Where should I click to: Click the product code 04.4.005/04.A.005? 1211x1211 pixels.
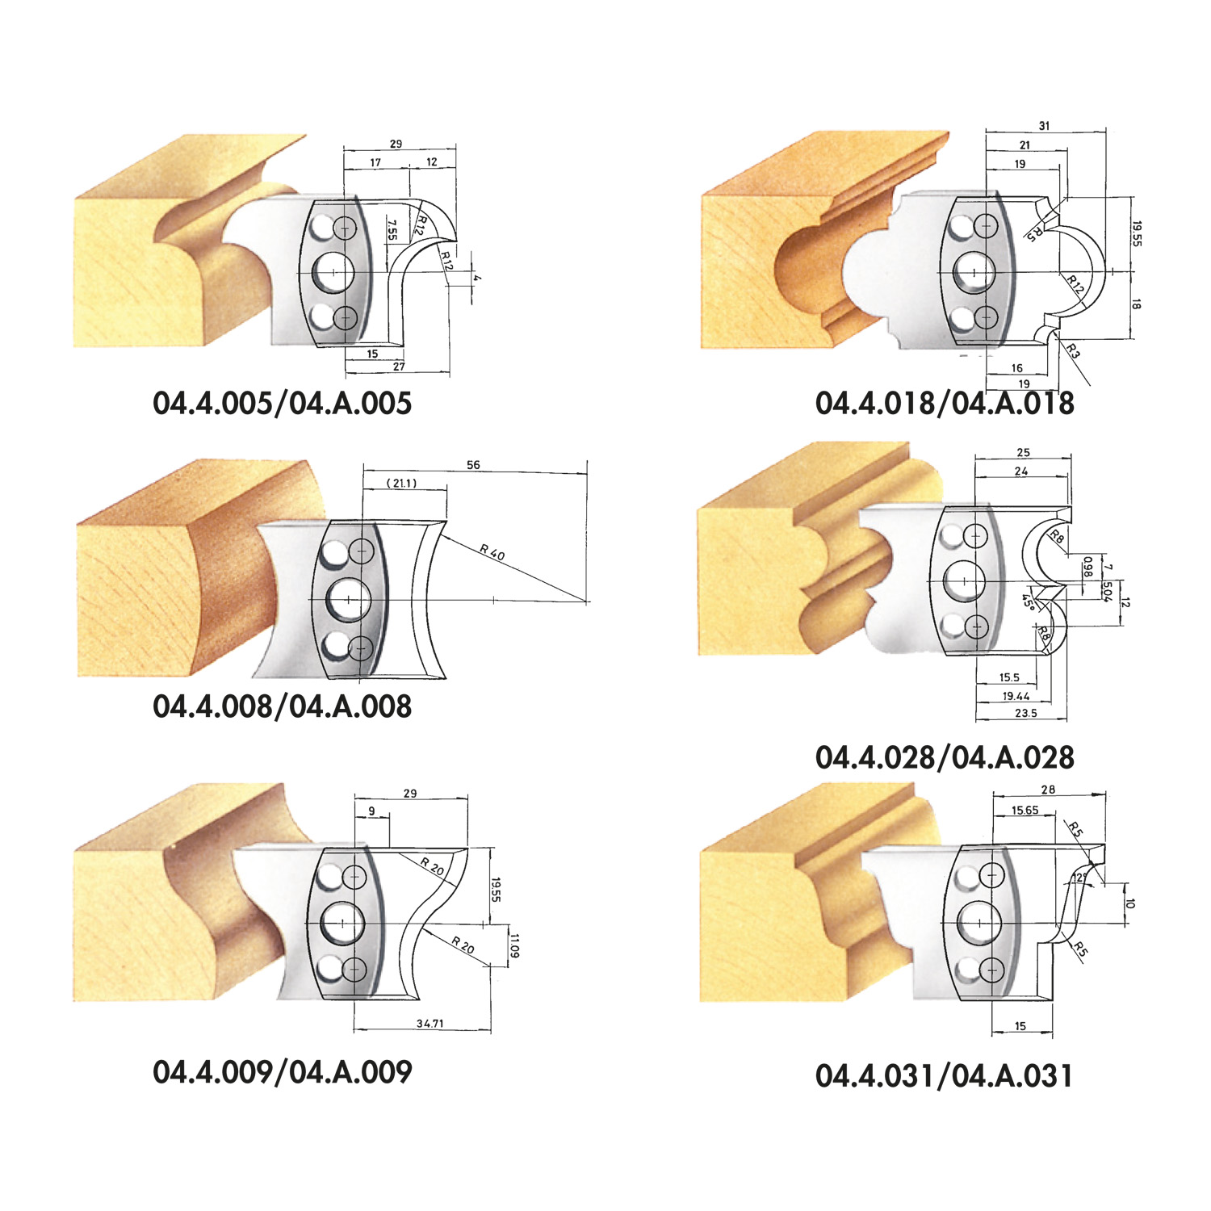(283, 403)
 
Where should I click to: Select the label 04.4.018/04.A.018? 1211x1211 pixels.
(945, 403)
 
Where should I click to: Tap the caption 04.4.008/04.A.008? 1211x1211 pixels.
(283, 706)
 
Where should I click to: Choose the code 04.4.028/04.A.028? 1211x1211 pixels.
(945, 757)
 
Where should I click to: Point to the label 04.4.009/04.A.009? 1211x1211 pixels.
(283, 1071)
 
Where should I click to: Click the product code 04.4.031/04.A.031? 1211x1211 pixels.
(945, 1075)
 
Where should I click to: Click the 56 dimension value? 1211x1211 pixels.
(473, 465)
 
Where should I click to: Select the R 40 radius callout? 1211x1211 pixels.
(492, 552)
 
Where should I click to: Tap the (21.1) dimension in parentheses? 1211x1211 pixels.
(401, 483)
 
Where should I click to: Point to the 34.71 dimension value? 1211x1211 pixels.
(430, 1023)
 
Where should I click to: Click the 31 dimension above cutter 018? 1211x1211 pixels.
(1044, 126)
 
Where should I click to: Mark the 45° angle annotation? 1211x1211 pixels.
(1028, 601)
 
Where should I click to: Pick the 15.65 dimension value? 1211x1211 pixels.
(1025, 810)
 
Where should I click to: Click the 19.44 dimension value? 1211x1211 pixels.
(1016, 695)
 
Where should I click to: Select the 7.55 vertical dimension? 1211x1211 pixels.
(392, 230)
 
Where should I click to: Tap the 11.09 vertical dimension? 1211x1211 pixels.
(514, 945)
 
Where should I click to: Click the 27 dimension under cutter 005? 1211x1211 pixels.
(399, 367)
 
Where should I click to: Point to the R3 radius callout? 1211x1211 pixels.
(1072, 350)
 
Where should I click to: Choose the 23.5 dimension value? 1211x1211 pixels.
(1025, 713)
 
